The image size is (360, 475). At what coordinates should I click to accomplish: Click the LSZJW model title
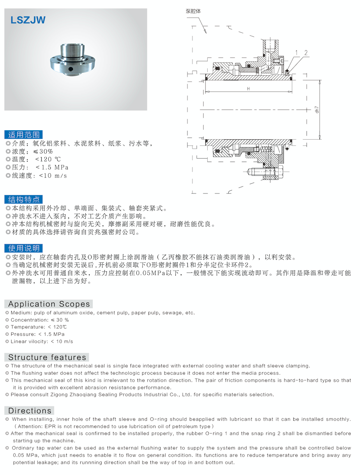(28, 20)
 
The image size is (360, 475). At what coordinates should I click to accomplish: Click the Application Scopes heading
(49, 304)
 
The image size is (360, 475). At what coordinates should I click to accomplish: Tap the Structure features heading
(47, 357)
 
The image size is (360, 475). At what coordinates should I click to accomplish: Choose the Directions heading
(30, 411)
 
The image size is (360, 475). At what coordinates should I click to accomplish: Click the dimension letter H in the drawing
(248, 89)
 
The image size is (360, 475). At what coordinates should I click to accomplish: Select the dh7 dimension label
(317, 110)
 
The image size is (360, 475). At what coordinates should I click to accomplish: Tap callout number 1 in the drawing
(296, 52)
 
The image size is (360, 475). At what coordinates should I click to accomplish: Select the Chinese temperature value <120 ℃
(48, 160)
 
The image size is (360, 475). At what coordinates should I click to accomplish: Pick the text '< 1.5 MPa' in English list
(51, 334)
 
